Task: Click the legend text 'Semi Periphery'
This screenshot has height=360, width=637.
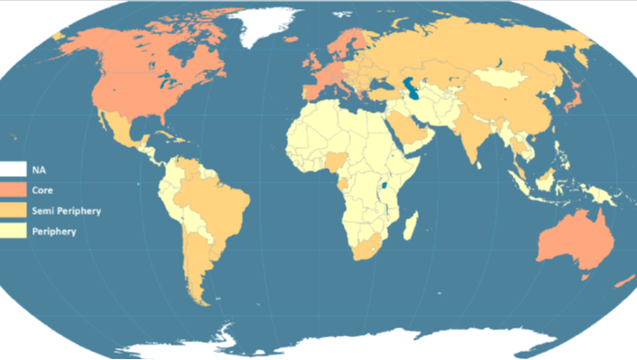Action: click(65, 210)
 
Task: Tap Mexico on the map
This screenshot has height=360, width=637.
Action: click(116, 131)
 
